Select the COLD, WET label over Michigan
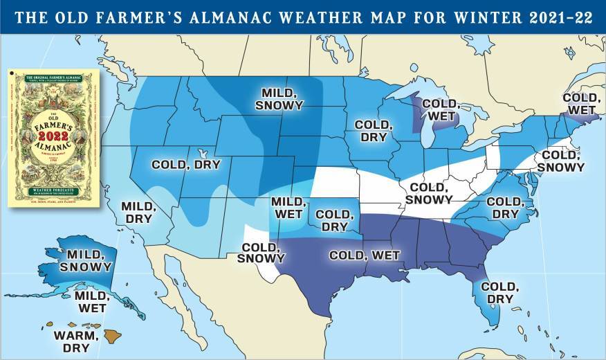pos(439,109)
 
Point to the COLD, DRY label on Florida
pos(498,292)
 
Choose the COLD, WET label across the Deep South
pos(365,255)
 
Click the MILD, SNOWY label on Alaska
pos(86,260)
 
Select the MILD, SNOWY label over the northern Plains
pos(279,99)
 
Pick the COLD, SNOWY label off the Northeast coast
pos(562,161)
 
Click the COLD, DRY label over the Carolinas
pos(505,208)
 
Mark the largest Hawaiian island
pos(113,336)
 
